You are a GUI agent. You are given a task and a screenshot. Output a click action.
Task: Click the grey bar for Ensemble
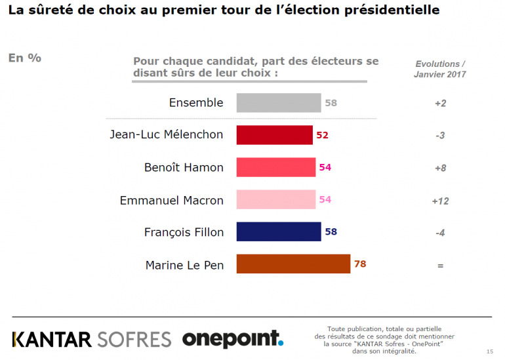pyautogui.click(x=278, y=103)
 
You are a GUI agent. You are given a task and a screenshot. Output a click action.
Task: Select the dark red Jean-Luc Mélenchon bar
pyautogui.click(x=274, y=135)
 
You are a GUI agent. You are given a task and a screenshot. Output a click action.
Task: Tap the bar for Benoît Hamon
pyautogui.click(x=275, y=167)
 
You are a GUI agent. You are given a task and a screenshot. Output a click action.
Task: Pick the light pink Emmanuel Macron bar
pyautogui.click(x=275, y=199)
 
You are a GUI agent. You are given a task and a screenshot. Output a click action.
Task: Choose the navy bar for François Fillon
pyautogui.click(x=278, y=231)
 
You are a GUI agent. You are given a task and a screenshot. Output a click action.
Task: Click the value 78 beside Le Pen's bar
pyautogui.click(x=359, y=264)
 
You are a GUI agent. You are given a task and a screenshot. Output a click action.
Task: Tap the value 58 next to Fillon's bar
pyautogui.click(x=331, y=231)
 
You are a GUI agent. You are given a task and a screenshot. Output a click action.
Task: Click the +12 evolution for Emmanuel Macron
pyautogui.click(x=439, y=201)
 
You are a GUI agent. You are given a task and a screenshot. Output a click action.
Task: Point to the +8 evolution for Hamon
pyautogui.click(x=439, y=168)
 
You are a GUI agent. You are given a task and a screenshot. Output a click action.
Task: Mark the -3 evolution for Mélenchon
pyautogui.click(x=439, y=136)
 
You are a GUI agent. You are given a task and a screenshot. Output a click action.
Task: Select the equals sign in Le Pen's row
pyautogui.click(x=440, y=266)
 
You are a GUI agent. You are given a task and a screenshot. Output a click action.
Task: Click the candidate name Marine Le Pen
pyautogui.click(x=184, y=265)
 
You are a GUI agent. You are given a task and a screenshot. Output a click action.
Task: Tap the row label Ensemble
pyautogui.click(x=196, y=103)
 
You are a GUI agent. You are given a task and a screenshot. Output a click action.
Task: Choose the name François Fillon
pyautogui.click(x=184, y=232)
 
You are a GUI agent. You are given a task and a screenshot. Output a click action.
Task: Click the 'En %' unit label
pyautogui.click(x=25, y=58)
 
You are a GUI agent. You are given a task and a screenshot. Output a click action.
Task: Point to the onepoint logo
pyautogui.click(x=233, y=338)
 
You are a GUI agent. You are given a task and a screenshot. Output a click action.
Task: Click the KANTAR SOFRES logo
pyautogui.click(x=92, y=339)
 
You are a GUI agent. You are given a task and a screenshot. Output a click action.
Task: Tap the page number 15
pyautogui.click(x=490, y=351)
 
